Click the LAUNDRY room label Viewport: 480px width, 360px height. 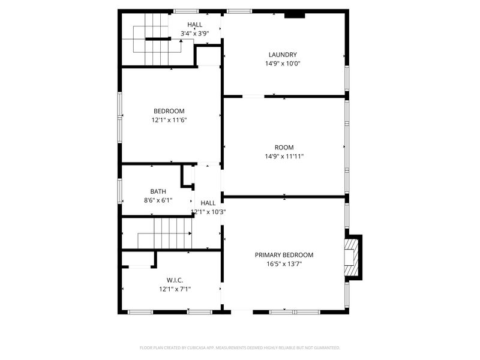pyautogui.click(x=283, y=55)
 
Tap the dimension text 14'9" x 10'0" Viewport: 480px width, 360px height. pyautogui.click(x=283, y=63)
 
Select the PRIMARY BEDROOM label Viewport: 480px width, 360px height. pyautogui.click(x=284, y=254)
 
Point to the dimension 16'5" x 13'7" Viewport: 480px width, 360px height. pyautogui.click(x=284, y=263)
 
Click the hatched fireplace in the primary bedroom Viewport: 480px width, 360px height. pyautogui.click(x=350, y=258)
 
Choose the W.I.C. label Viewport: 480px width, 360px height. pyautogui.click(x=175, y=280)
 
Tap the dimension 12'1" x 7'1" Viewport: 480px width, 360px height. pyautogui.click(x=175, y=289)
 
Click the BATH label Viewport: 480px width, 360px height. pyautogui.click(x=158, y=191)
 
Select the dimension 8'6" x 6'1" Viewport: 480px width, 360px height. pyautogui.click(x=158, y=200)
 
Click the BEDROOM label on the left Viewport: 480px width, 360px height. pyautogui.click(x=169, y=111)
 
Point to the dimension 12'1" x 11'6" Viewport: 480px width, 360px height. pyautogui.click(x=169, y=119)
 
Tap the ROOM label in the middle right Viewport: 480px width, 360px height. pyautogui.click(x=284, y=148)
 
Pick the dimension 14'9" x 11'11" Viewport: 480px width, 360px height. pyautogui.click(x=284, y=156)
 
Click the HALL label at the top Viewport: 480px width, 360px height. pyautogui.click(x=194, y=25)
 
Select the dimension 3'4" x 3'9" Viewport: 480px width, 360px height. pyautogui.click(x=194, y=33)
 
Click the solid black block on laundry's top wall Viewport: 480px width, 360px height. pyautogui.click(x=294, y=15)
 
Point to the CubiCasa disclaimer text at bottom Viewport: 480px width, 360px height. pyautogui.click(x=240, y=347)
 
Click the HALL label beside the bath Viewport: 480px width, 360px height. pyautogui.click(x=208, y=203)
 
